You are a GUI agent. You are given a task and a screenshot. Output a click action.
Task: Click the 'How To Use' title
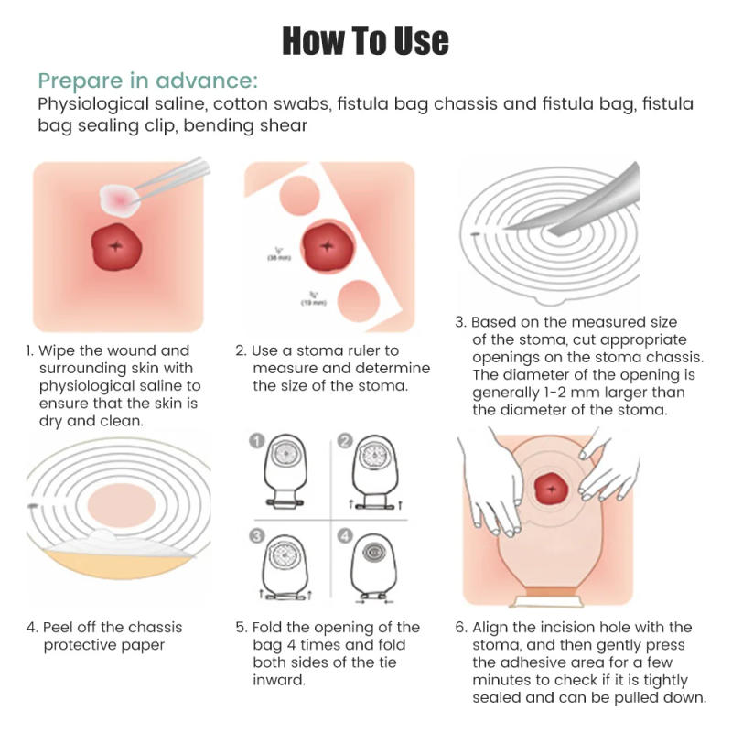(365, 39)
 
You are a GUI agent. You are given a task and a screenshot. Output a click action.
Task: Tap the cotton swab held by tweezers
(120, 195)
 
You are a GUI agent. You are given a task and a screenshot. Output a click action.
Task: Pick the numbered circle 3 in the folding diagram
(257, 536)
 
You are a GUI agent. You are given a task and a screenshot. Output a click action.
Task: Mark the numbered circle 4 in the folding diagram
(344, 536)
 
